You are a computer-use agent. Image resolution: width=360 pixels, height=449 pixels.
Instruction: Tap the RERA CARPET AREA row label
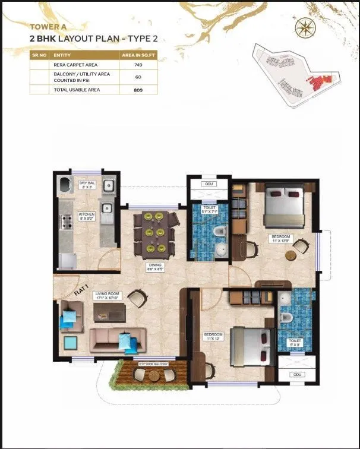pos(68,64)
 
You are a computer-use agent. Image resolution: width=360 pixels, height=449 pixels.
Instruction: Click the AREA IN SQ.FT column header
pos(134,54)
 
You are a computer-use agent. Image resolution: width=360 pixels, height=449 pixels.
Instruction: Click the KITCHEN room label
pos(86,216)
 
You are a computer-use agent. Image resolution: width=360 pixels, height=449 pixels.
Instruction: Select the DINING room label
pos(156,266)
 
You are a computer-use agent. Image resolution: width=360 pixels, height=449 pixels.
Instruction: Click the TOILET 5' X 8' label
pos(295,343)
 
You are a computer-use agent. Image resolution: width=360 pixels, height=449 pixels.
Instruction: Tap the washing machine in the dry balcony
pos(65,186)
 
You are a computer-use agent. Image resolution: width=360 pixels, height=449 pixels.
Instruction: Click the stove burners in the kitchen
pos(65,223)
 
